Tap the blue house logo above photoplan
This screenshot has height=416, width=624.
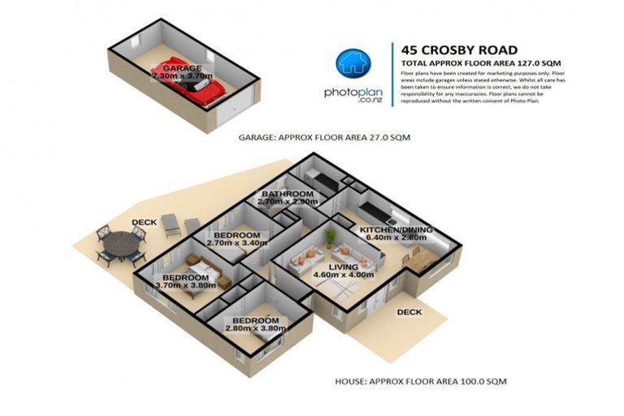coord(354,64)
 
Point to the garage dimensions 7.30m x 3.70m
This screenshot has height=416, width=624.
coord(183,76)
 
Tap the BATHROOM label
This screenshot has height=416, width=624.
coord(287,194)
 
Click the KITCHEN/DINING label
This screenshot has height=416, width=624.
coord(396,230)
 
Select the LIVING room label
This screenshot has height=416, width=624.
coord(344,266)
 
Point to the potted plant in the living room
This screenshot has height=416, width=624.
coord(330,236)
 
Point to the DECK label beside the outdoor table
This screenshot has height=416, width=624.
coord(145,222)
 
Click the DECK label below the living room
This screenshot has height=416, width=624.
coord(409,310)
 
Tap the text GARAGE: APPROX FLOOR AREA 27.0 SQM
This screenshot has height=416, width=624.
coord(324,138)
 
